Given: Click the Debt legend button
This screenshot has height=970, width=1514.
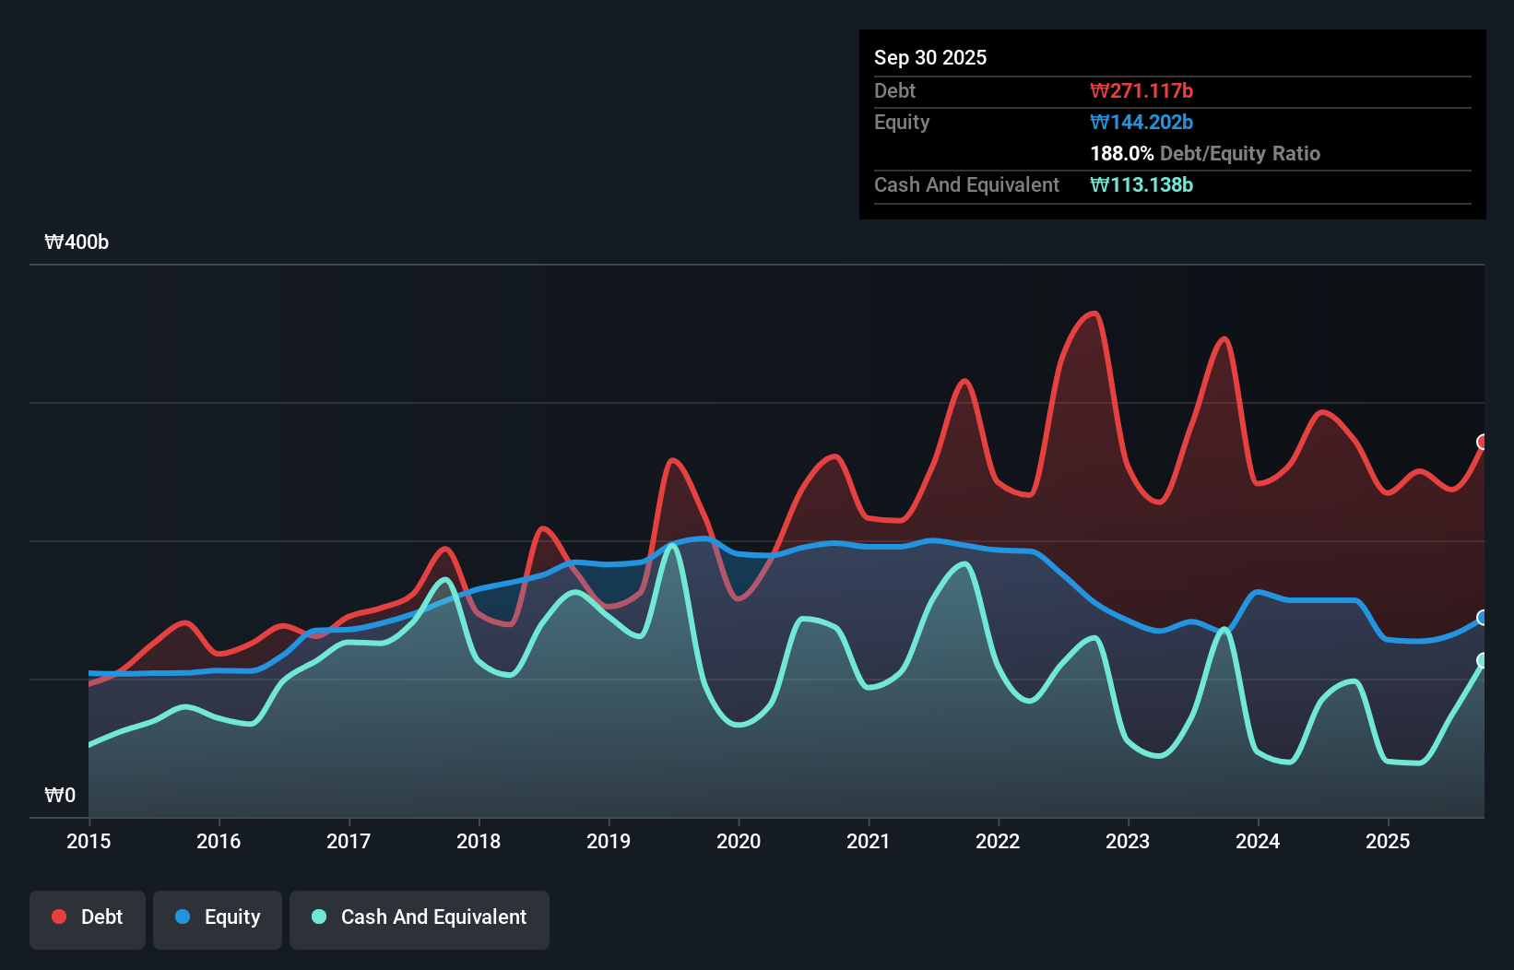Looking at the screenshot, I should pyautogui.click(x=88, y=918).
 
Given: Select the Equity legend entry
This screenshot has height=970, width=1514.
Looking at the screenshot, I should pyautogui.click(x=218, y=918).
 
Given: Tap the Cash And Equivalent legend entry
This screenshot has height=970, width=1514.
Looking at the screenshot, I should pyautogui.click(x=420, y=918).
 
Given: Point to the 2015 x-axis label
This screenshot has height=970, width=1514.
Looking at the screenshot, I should pyautogui.click(x=89, y=841).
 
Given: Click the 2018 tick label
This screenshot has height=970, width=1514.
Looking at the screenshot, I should pyautogui.click(x=479, y=841).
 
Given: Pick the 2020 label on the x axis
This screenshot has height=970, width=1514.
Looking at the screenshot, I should pyautogui.click(x=739, y=841).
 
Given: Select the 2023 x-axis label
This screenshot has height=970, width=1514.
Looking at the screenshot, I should pyautogui.click(x=1128, y=841).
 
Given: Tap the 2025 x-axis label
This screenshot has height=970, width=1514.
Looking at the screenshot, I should pyautogui.click(x=1388, y=841).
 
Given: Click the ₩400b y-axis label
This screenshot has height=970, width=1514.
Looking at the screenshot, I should pyautogui.click(x=77, y=242).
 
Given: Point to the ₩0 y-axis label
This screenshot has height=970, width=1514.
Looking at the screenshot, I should pyautogui.click(x=60, y=795).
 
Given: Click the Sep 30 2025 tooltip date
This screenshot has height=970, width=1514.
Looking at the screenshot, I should pyautogui.click(x=930, y=57).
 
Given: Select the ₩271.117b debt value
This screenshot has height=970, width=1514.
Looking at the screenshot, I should pyautogui.click(x=1141, y=90).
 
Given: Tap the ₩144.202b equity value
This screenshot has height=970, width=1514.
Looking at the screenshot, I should pyautogui.click(x=1141, y=122).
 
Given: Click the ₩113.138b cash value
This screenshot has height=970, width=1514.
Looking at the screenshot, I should pyautogui.click(x=1141, y=184).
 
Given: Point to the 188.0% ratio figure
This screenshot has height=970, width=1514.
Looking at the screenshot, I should pyautogui.click(x=1122, y=153).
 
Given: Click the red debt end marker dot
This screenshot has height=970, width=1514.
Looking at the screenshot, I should pyautogui.click(x=1483, y=442).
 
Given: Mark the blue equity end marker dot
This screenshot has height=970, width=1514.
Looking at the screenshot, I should pyautogui.click(x=1483, y=617).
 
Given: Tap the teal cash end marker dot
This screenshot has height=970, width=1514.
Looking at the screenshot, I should pyautogui.click(x=1483, y=660).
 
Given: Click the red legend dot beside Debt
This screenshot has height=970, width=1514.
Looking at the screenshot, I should pyautogui.click(x=59, y=917).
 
